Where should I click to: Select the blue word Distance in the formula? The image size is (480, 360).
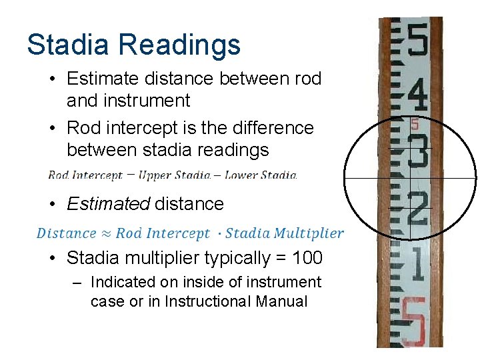[x=66, y=233]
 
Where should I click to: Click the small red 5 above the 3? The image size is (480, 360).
[x=415, y=124]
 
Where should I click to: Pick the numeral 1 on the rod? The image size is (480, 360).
[x=417, y=264]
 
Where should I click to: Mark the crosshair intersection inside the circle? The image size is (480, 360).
[x=410, y=179]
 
